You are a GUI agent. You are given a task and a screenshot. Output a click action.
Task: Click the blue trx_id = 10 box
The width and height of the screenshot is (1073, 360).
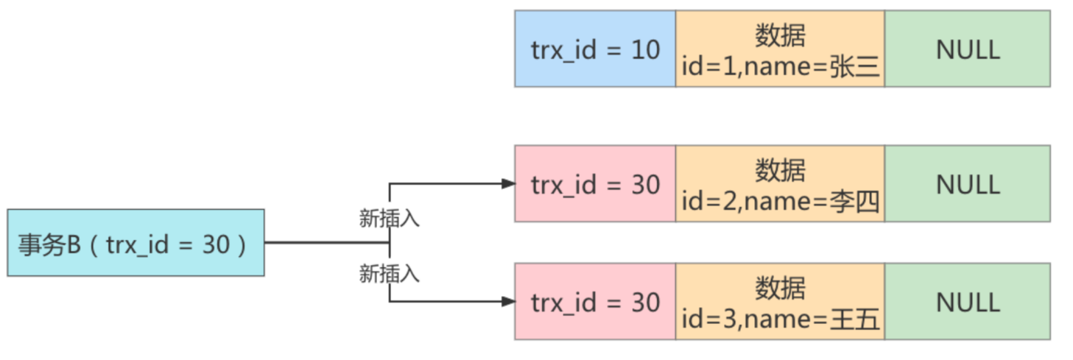[x=594, y=49]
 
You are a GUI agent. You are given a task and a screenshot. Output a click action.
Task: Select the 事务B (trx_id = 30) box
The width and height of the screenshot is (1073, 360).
[x=136, y=243]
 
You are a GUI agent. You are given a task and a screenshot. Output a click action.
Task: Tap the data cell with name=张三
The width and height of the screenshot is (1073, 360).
[x=780, y=49]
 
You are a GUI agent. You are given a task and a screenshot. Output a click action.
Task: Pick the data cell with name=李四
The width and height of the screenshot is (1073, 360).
[x=780, y=184]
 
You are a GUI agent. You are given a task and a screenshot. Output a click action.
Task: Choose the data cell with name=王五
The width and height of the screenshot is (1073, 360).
[x=780, y=302]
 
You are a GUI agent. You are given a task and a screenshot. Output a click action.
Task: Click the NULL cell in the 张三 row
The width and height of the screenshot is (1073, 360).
[x=967, y=49]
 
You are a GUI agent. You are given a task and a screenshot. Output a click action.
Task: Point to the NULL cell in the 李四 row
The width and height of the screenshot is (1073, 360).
[x=967, y=184]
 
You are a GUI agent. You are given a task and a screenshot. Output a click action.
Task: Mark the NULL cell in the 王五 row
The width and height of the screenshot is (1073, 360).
[x=967, y=302]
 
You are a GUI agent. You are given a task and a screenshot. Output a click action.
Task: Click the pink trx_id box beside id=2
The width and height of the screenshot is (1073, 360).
[x=594, y=184]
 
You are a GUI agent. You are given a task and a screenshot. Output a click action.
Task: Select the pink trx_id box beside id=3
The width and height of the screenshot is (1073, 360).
[x=594, y=302]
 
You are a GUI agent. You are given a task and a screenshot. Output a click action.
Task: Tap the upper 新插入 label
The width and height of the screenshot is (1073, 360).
[x=389, y=219]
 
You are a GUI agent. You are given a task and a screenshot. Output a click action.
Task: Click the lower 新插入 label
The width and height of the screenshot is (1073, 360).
[x=389, y=274]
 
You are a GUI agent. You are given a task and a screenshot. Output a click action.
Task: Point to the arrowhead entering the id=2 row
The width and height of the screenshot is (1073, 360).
[x=508, y=183]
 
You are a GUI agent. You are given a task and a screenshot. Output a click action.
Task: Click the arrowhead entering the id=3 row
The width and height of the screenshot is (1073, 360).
[x=508, y=301]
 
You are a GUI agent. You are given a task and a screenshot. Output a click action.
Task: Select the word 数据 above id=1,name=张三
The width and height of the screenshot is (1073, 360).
[x=780, y=35]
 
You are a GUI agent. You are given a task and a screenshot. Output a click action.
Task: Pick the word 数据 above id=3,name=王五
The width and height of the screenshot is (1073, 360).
[x=780, y=288]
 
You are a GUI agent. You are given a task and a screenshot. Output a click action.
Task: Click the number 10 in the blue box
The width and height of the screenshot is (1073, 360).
[x=645, y=49]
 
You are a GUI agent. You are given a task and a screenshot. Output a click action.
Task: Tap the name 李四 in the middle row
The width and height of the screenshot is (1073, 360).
[x=855, y=200]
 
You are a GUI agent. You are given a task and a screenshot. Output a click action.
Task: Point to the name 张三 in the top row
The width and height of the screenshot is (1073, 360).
[x=855, y=66]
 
